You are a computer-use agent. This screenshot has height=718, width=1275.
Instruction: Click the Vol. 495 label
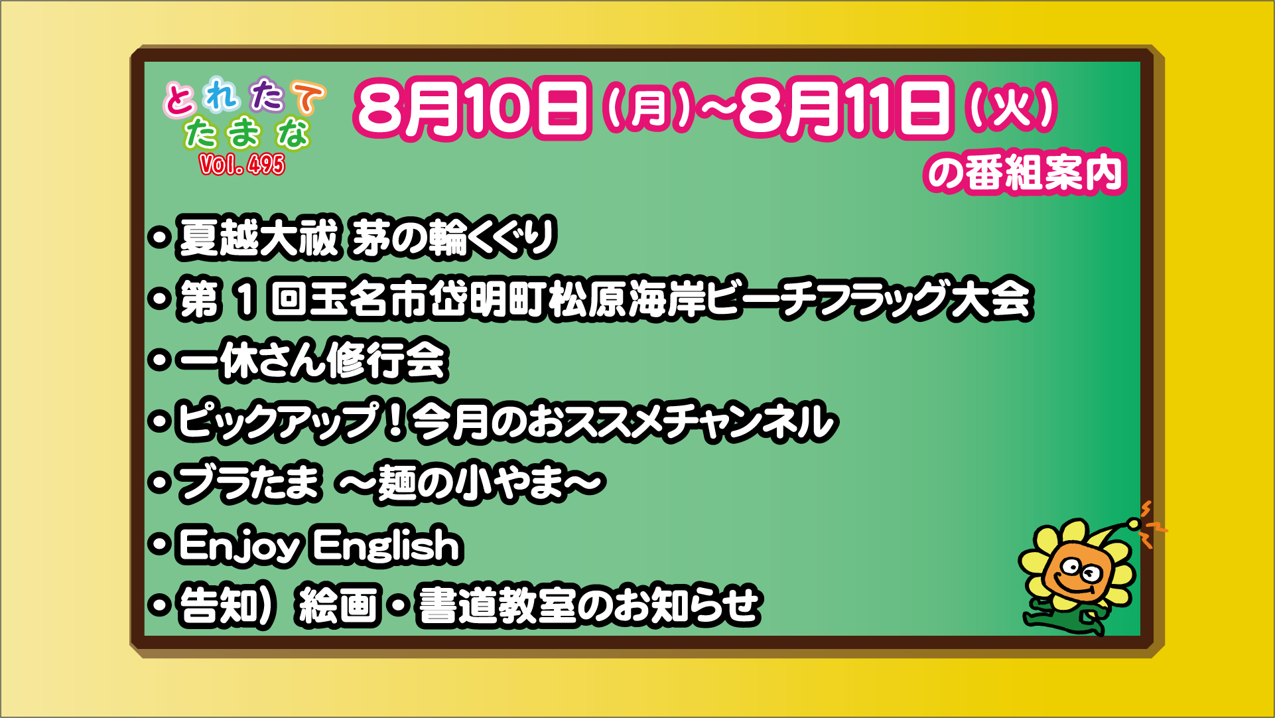coord(242,164)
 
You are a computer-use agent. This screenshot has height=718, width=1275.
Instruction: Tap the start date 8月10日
coord(472,108)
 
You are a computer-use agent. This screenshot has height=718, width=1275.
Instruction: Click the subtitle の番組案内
coord(1025,172)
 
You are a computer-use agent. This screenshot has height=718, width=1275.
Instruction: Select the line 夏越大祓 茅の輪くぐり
coord(367,237)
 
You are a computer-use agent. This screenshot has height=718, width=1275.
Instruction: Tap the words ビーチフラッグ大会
coord(868,299)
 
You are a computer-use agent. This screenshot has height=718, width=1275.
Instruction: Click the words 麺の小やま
coord(471,482)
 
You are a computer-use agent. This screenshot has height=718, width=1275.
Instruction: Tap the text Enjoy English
coord(320,545)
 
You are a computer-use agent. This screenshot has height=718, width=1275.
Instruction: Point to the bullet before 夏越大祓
coord(159,237)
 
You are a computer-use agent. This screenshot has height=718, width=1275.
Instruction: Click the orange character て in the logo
coord(308,98)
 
